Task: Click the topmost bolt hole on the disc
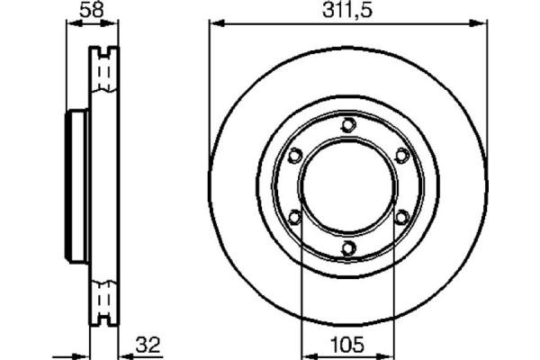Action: [x=348, y=124]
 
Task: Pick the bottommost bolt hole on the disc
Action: [x=348, y=247]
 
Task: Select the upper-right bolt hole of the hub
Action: [x=401, y=155]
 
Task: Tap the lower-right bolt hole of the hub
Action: [x=401, y=216]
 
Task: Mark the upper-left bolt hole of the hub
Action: [x=294, y=155]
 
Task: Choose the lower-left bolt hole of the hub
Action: [x=294, y=216]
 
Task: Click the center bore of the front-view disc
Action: [x=348, y=185]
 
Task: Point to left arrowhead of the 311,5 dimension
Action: [x=214, y=25]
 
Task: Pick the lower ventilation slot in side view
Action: [x=106, y=301]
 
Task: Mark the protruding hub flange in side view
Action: [x=77, y=185]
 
